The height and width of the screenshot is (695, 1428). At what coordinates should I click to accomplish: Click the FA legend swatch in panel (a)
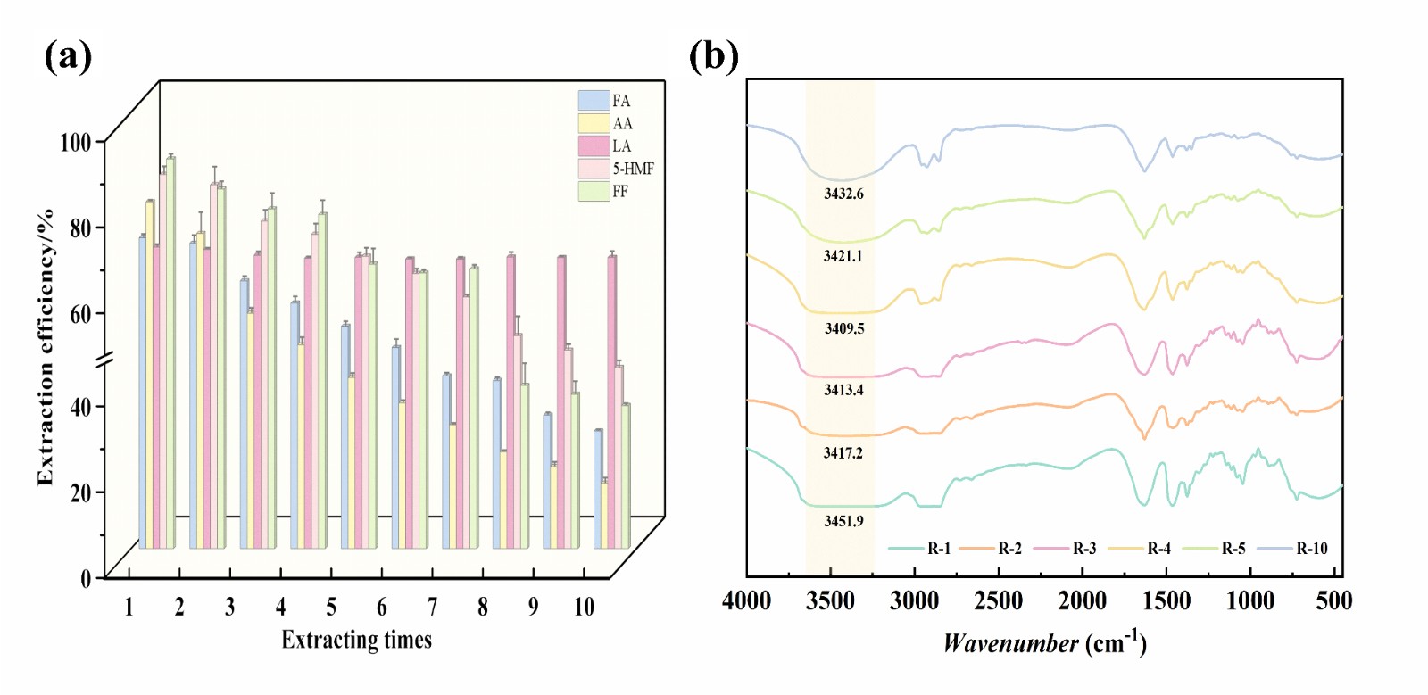594,100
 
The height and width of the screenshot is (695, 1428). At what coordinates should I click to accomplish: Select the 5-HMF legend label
633,169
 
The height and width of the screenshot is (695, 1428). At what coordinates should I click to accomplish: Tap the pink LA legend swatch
594,145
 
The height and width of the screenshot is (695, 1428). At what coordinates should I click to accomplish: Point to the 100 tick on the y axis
76,142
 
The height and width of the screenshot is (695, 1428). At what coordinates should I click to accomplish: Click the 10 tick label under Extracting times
584,608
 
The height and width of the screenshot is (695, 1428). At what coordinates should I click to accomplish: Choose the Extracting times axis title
356,640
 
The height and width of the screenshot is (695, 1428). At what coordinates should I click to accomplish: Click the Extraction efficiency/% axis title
46,348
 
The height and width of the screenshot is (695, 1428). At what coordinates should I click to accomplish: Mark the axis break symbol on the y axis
105,360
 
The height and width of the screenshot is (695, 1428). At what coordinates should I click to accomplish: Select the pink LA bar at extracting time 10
611,401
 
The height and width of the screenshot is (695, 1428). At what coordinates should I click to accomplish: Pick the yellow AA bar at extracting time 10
604,514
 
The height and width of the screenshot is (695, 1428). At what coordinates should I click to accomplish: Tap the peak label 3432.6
843,194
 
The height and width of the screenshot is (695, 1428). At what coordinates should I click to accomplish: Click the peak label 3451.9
843,521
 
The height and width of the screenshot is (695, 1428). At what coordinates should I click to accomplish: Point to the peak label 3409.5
844,328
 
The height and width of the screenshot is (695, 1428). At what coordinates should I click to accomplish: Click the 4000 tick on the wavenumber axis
746,601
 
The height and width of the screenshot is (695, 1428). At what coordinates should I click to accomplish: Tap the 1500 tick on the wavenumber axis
1166,601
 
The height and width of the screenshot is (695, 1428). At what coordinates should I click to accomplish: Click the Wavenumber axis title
1044,642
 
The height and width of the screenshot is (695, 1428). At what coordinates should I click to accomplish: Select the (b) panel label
713,56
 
